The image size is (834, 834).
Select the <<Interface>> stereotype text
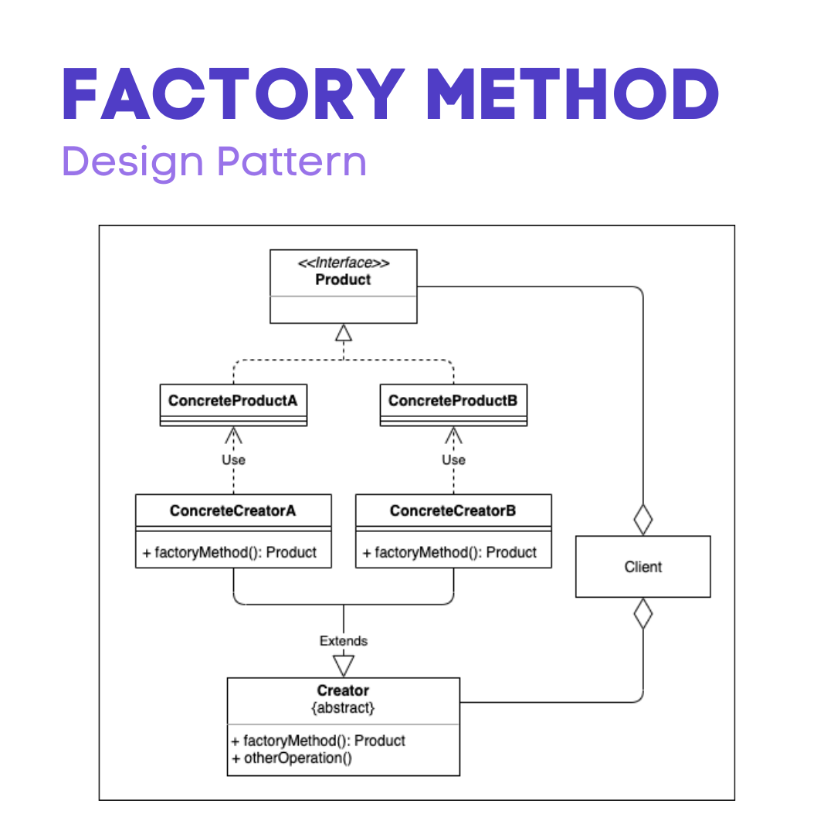coord(344,263)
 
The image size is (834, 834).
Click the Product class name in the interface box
coord(344,280)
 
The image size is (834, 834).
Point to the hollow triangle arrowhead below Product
coord(344,333)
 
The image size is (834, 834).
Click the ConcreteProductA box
coord(233,405)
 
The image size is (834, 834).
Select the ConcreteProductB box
coord(453,405)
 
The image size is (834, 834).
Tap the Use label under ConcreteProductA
coord(233,459)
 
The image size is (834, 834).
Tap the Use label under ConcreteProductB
coord(453,459)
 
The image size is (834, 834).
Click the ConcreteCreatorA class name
coord(233,510)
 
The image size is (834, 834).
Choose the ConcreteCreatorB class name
coord(453,510)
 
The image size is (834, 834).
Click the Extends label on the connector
coord(344,641)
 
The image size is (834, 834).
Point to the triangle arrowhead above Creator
coord(344,665)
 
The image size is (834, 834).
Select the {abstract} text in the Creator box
coord(344,707)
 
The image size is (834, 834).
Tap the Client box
coord(643,567)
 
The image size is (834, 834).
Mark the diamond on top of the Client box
coord(643,520)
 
